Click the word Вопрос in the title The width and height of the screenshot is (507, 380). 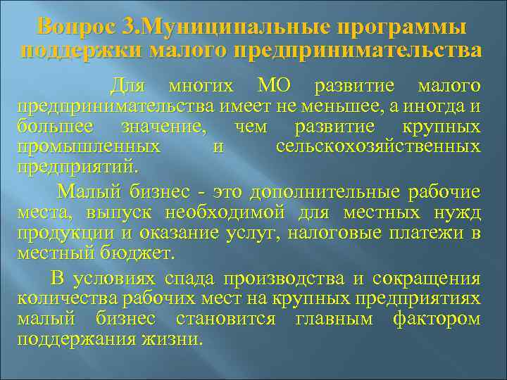pyautogui.click(x=76, y=28)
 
